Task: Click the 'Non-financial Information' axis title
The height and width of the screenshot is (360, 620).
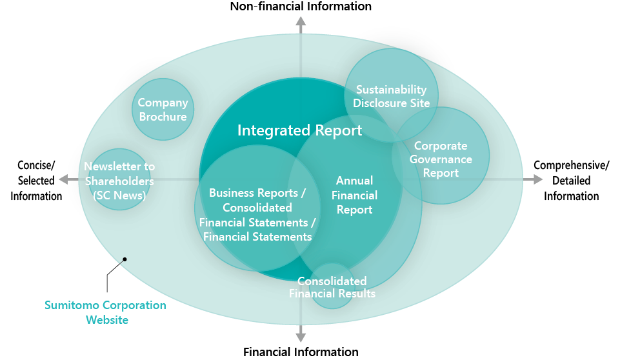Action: click(x=301, y=6)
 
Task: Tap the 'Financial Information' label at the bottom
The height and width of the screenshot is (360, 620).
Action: click(x=301, y=352)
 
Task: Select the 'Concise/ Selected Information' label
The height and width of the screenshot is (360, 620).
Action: click(x=36, y=181)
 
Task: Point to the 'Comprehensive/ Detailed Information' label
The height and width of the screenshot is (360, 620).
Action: click(x=572, y=181)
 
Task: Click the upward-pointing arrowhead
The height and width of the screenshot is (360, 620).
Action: click(x=301, y=21)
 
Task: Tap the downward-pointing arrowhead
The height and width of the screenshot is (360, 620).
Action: click(x=301, y=337)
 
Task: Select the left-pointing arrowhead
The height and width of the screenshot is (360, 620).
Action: click(x=64, y=179)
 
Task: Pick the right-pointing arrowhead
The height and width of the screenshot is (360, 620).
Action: click(x=537, y=179)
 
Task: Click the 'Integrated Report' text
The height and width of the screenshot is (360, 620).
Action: click(x=300, y=130)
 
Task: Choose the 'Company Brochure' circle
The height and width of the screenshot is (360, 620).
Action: click(x=163, y=109)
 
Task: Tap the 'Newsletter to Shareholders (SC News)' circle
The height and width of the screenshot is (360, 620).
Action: click(x=119, y=179)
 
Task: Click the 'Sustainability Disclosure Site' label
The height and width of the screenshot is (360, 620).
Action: click(x=392, y=96)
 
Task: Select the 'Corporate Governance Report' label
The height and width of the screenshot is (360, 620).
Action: click(x=441, y=159)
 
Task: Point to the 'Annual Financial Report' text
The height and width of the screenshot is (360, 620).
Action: click(x=355, y=195)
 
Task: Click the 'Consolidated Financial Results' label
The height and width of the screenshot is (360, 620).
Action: click(x=332, y=287)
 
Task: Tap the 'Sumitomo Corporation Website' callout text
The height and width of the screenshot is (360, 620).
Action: click(x=106, y=312)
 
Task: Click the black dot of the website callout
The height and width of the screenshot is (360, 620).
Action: click(x=125, y=259)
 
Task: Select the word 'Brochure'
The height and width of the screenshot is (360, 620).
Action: click(x=163, y=117)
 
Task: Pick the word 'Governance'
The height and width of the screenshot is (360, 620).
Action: click(x=441, y=159)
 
